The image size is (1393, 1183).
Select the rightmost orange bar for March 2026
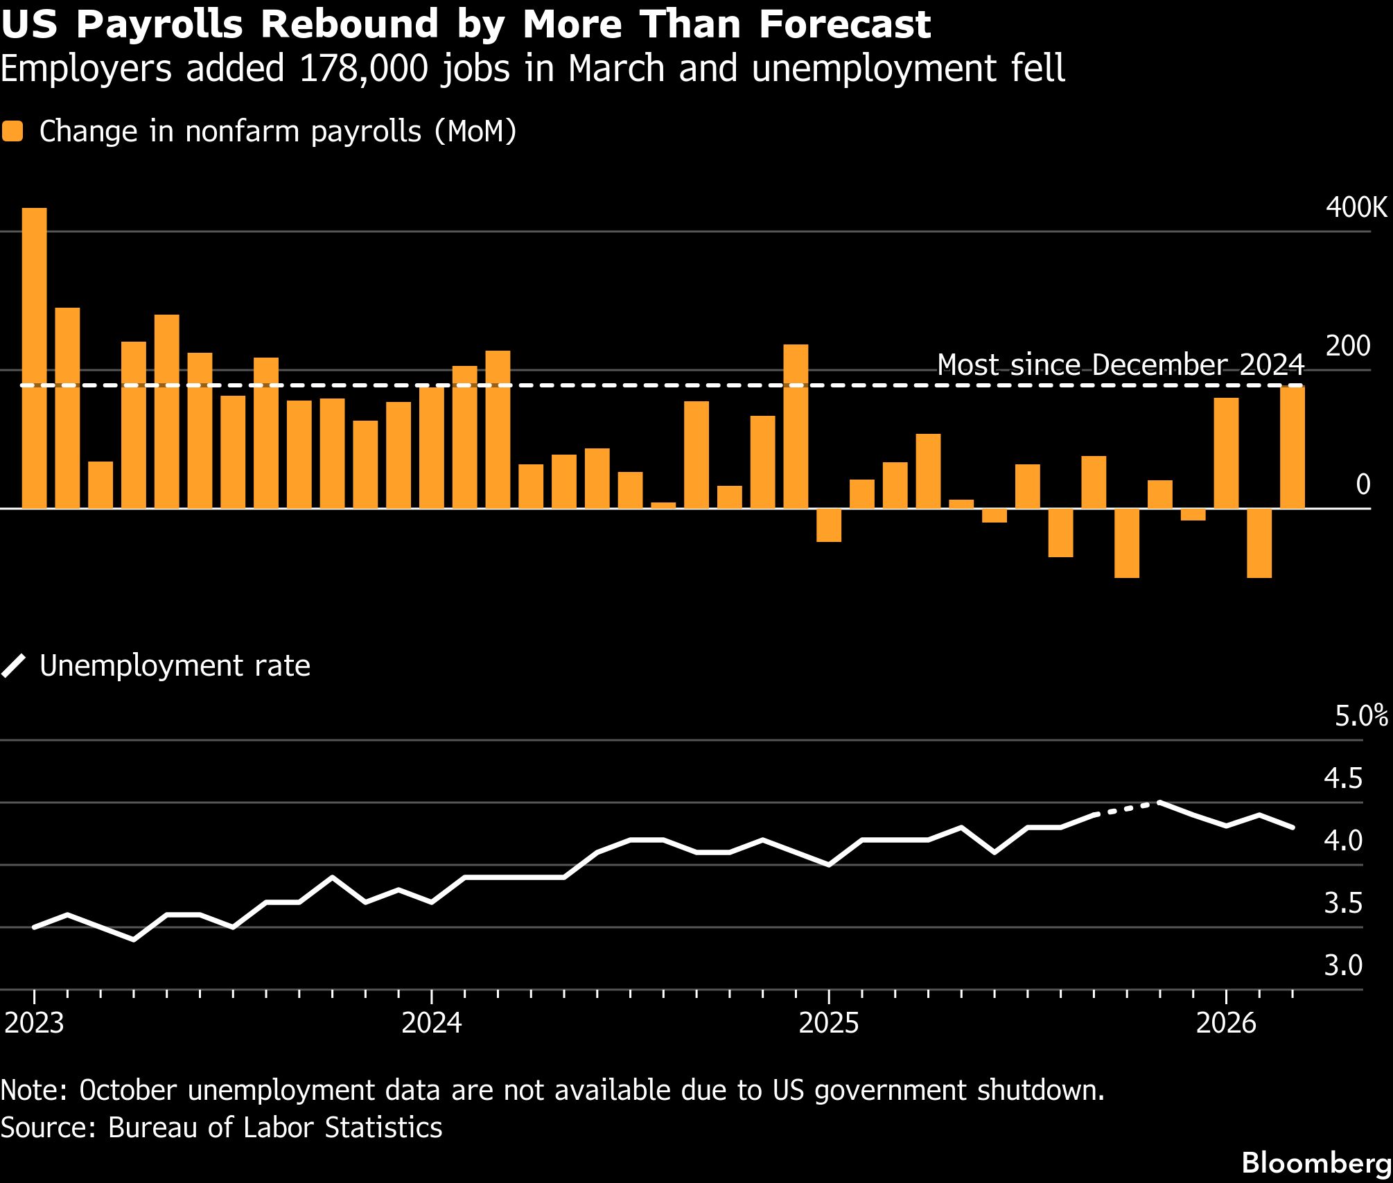pyautogui.click(x=1292, y=447)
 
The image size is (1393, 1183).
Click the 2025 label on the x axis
pyautogui.click(x=829, y=1023)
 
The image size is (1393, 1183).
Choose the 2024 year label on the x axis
pyautogui.click(x=432, y=1023)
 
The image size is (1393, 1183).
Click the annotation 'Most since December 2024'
pyautogui.click(x=1121, y=365)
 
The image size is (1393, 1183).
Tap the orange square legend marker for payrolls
pyautogui.click(x=12, y=132)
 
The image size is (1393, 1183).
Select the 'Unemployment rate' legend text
pyautogui.click(x=175, y=666)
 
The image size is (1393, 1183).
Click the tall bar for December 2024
pyautogui.click(x=796, y=426)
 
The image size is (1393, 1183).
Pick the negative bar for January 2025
pyautogui.click(x=829, y=525)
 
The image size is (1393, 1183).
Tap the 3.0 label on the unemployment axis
pyautogui.click(x=1342, y=965)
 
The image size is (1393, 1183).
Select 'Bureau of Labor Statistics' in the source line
pyautogui.click(x=275, y=1128)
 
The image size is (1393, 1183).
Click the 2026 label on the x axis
pyautogui.click(x=1226, y=1023)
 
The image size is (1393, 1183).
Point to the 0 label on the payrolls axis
pyautogui.click(x=1363, y=484)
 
